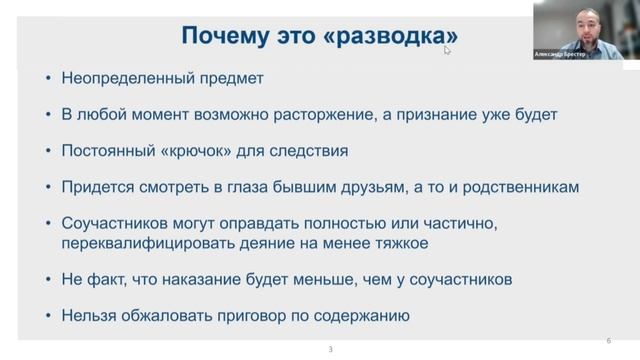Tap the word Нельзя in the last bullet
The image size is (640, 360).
click(x=87, y=317)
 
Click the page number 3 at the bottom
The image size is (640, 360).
click(x=331, y=349)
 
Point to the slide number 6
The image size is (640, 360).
click(x=609, y=339)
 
